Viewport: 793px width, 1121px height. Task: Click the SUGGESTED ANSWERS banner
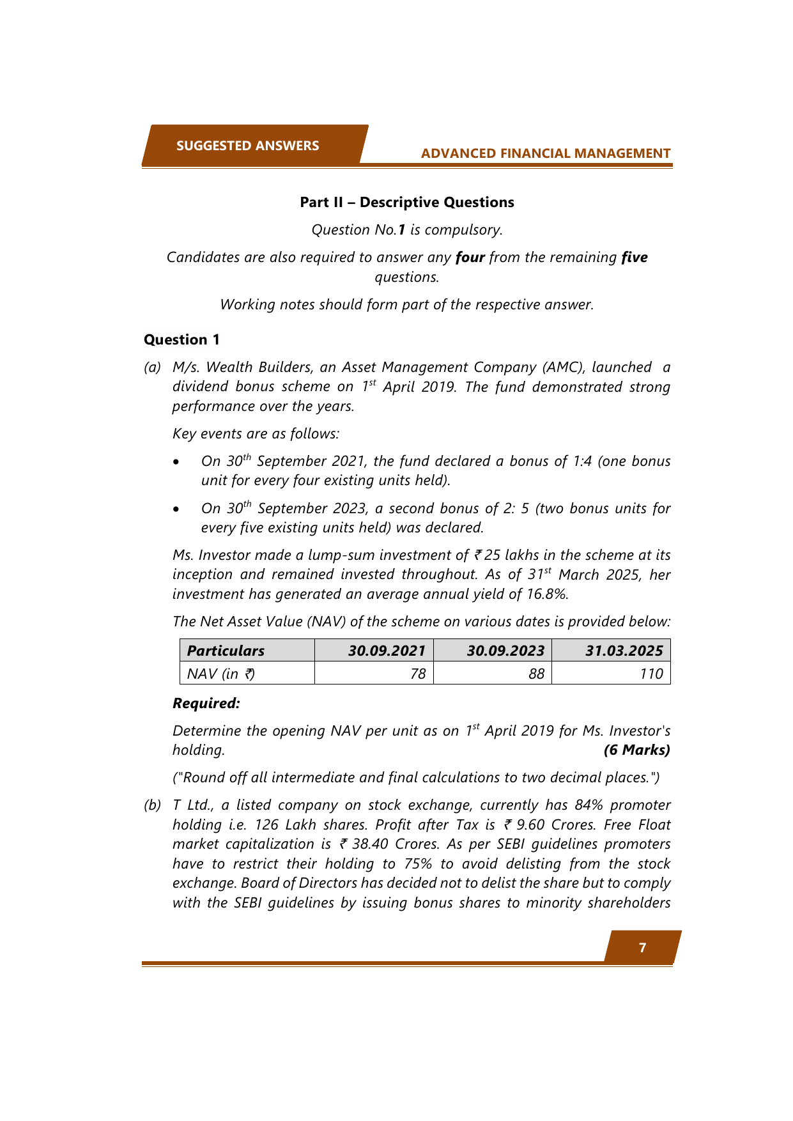tap(248, 146)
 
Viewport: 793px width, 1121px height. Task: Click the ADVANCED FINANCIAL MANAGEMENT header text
tap(546, 153)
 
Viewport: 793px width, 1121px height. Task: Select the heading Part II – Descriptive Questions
tap(407, 203)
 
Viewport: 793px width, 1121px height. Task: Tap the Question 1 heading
tap(181, 339)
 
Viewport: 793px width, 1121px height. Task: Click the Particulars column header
tap(226, 651)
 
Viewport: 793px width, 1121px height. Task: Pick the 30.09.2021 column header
tap(387, 651)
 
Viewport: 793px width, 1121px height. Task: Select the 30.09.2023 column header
tap(505, 651)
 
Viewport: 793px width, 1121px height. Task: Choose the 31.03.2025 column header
tap(624, 651)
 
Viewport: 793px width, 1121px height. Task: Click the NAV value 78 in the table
tap(418, 674)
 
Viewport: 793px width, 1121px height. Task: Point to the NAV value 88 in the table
tap(537, 674)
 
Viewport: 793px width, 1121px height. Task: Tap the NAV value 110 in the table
tap(651, 674)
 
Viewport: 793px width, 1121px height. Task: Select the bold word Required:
tap(206, 703)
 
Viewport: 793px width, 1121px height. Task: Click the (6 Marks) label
tap(636, 750)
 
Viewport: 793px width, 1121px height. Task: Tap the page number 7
tap(642, 948)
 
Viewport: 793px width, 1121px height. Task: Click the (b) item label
tap(152, 805)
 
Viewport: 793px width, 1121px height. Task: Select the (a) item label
tap(152, 367)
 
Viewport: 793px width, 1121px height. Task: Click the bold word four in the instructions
tap(470, 257)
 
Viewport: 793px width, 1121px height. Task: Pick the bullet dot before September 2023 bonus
tap(177, 509)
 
